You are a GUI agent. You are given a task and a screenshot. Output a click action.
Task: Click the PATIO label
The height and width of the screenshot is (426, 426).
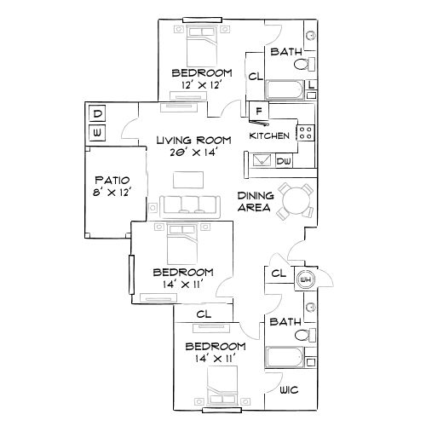point(112,181)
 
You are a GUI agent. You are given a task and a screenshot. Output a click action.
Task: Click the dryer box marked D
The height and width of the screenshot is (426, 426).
point(97,114)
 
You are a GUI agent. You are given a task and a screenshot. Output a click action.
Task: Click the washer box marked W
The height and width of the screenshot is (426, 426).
point(97,133)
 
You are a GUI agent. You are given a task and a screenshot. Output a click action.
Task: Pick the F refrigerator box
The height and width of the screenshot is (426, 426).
point(257,109)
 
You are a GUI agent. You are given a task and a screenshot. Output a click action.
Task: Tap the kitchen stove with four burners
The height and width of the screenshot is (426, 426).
point(304,132)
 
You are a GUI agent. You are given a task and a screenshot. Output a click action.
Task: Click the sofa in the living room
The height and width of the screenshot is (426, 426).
point(186,203)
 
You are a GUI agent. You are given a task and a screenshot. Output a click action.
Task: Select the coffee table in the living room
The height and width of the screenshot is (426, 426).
point(188,179)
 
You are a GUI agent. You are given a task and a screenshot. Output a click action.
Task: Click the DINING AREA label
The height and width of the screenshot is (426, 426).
point(254,201)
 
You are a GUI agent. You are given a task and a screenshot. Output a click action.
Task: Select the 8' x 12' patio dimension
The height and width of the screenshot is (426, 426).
point(112,193)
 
